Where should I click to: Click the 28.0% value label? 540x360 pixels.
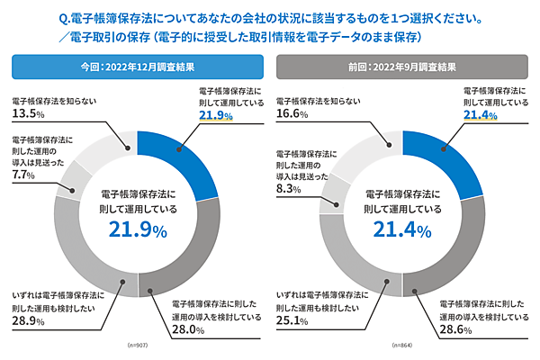[190, 330]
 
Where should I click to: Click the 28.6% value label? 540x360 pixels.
[454, 330]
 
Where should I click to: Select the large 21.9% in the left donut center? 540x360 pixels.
[137, 230]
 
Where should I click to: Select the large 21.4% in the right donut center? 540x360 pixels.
[401, 230]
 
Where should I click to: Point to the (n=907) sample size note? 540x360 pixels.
[137, 346]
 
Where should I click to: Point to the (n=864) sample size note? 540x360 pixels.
[401, 346]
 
